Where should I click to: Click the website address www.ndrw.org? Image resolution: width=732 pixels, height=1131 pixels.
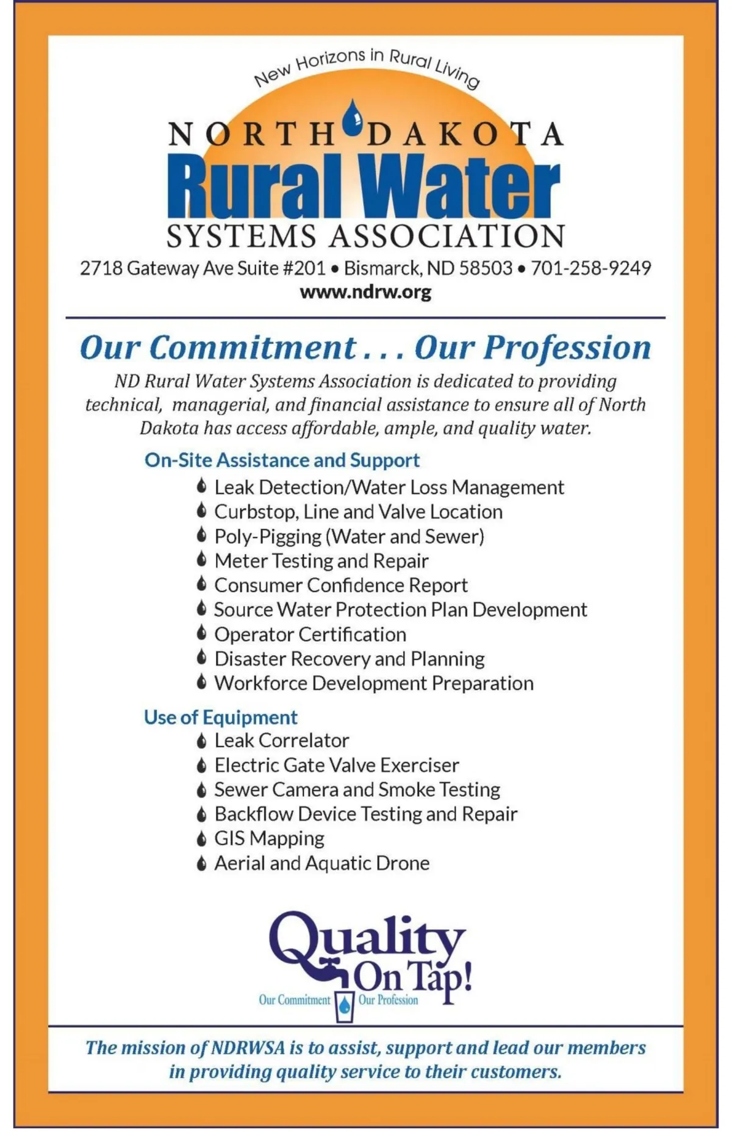click(x=365, y=292)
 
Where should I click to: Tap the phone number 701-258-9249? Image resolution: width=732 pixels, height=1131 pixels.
click(x=590, y=268)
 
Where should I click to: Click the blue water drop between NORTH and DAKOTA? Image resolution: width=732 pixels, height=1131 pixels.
click(x=352, y=118)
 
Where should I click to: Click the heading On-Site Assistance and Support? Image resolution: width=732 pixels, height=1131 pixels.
click(x=282, y=460)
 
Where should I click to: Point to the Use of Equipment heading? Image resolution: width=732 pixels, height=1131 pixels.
click(x=220, y=717)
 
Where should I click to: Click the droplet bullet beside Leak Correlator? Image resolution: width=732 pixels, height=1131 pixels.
click(x=201, y=741)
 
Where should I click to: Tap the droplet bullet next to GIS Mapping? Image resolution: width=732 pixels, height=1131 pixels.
click(x=201, y=839)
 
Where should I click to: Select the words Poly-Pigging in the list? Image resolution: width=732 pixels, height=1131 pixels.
click(x=268, y=537)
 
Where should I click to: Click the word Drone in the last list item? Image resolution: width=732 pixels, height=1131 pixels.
click(x=403, y=863)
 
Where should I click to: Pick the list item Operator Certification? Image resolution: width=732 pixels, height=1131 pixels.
click(x=310, y=634)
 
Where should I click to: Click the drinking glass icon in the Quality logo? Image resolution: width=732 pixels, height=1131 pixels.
click(x=345, y=1003)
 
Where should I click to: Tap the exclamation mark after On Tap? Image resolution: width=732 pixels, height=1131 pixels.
click(x=467, y=974)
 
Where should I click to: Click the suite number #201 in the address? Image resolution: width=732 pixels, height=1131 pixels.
click(x=304, y=268)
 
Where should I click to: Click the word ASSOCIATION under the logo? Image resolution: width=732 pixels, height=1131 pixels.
click(x=447, y=237)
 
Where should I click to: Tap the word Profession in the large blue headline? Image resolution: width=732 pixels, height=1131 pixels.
click(x=567, y=348)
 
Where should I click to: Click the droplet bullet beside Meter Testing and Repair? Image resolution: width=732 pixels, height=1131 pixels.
click(x=201, y=560)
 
